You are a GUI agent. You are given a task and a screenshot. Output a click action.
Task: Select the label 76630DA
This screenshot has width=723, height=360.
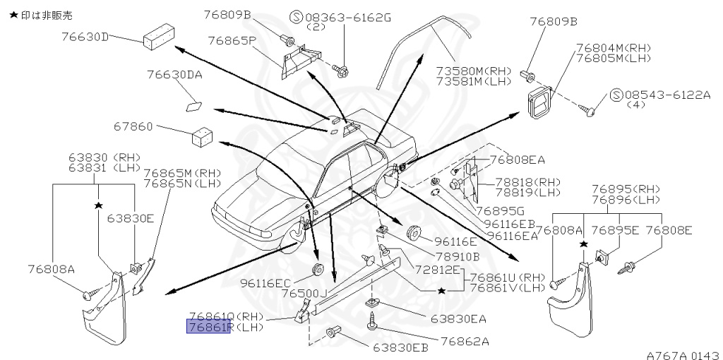(174, 74)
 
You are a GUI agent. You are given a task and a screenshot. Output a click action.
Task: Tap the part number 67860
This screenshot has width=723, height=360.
(133, 127)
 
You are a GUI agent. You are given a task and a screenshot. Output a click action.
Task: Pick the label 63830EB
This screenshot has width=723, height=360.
(400, 347)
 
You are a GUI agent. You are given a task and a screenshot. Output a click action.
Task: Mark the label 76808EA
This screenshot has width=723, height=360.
(517, 160)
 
